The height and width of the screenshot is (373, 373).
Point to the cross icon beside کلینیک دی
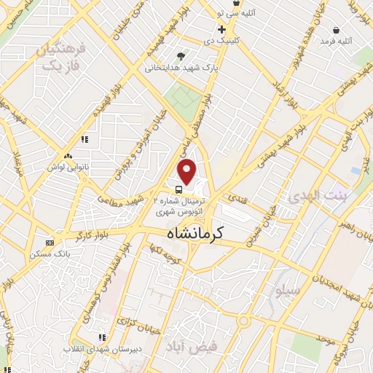pos(221,29)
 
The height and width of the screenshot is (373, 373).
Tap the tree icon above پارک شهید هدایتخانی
pos(181,55)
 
